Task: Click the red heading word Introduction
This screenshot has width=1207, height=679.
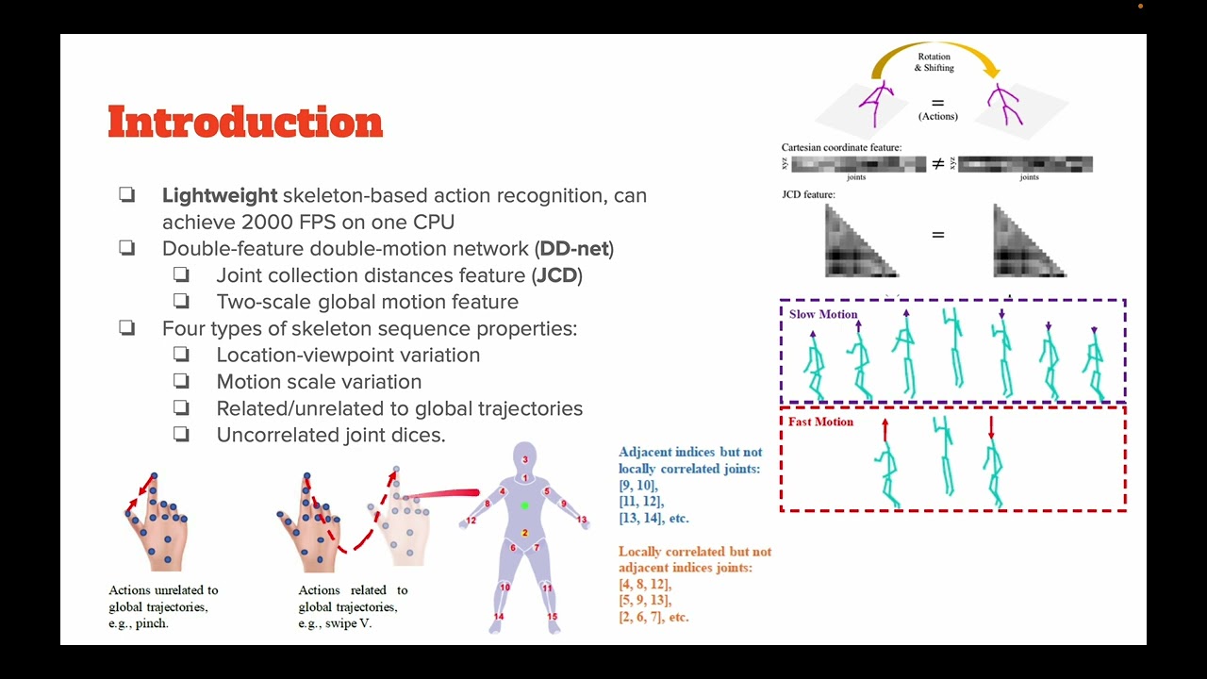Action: pyautogui.click(x=245, y=123)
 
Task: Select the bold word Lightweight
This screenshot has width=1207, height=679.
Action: pyautogui.click(x=220, y=195)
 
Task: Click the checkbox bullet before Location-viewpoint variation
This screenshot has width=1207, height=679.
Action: pyautogui.click(x=181, y=355)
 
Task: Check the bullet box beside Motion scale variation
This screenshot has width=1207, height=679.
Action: pyautogui.click(x=181, y=381)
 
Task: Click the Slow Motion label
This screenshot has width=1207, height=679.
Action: pyautogui.click(x=823, y=314)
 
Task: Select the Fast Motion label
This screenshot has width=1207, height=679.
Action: pyautogui.click(x=820, y=422)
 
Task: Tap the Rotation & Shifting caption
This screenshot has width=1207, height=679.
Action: pyautogui.click(x=934, y=62)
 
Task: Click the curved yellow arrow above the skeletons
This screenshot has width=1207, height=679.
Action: pyautogui.click(x=934, y=47)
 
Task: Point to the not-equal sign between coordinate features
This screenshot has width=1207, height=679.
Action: pyautogui.click(x=938, y=164)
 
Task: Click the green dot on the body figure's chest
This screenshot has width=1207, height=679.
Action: pyautogui.click(x=525, y=505)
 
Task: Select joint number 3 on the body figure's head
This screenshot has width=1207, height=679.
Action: pyautogui.click(x=525, y=460)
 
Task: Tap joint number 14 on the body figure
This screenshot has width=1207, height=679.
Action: pyautogui.click(x=498, y=617)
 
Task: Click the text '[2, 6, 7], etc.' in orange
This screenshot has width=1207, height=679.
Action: pyautogui.click(x=653, y=617)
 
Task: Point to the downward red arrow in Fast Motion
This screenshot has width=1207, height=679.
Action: pyautogui.click(x=991, y=428)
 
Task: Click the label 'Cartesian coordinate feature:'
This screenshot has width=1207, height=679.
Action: pyautogui.click(x=841, y=148)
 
